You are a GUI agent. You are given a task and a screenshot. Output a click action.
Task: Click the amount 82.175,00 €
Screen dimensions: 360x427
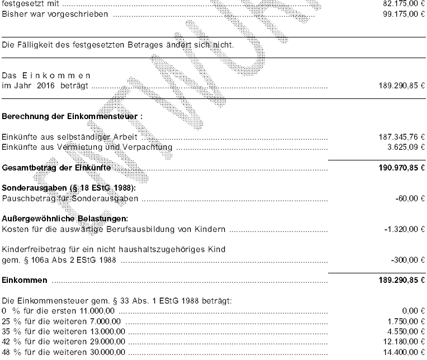(x=400, y=4)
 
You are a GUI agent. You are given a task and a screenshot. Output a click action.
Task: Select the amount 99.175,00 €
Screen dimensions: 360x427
(x=400, y=13)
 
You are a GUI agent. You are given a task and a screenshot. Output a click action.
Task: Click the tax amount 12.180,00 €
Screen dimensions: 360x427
(x=400, y=342)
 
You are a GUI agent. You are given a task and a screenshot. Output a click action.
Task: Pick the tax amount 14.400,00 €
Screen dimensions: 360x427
(x=400, y=352)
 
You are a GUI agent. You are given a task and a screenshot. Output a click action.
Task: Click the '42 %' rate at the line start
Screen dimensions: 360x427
(x=11, y=342)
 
